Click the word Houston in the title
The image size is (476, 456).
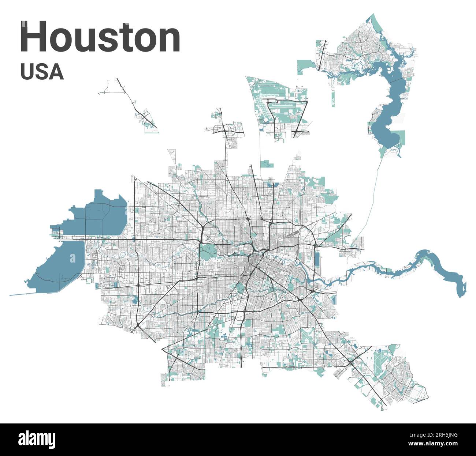click(x=100, y=37)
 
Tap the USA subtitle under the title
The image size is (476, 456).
click(x=42, y=72)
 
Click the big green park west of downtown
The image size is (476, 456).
click(x=208, y=252)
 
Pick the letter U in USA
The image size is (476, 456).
click(x=27, y=72)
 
